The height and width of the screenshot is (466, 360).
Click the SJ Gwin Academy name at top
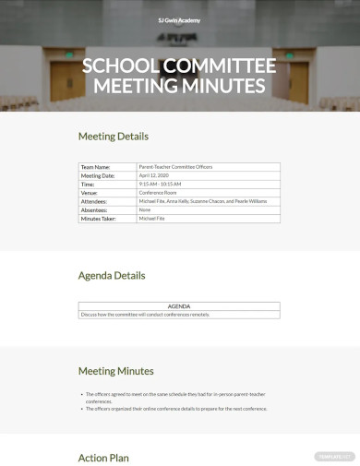click(x=179, y=19)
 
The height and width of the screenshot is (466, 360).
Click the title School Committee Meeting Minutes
click(x=179, y=77)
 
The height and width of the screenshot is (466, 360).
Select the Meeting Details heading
click(x=113, y=137)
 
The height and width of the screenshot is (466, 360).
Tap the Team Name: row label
click(x=96, y=167)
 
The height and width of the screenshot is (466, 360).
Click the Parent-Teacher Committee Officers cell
click(x=175, y=167)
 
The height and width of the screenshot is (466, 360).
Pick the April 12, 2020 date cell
click(x=154, y=175)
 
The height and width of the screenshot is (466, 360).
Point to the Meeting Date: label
click(x=98, y=175)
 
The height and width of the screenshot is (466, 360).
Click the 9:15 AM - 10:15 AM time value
click(x=161, y=184)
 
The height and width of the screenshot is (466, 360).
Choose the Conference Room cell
click(x=157, y=193)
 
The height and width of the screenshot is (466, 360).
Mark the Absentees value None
click(x=145, y=209)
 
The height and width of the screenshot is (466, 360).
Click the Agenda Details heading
click(x=112, y=275)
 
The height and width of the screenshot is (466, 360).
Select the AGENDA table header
click(x=179, y=306)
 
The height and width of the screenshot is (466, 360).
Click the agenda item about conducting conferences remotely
click(x=146, y=315)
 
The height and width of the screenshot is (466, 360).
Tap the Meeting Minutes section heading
click(x=115, y=371)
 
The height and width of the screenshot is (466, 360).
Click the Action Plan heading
click(x=103, y=458)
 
